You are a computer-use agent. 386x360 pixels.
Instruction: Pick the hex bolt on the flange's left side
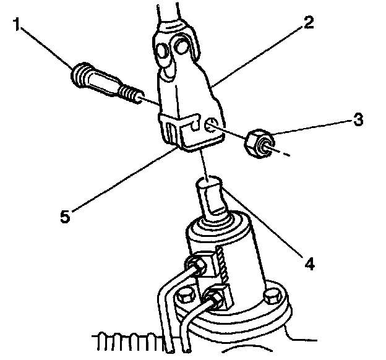click(x=184, y=297)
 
